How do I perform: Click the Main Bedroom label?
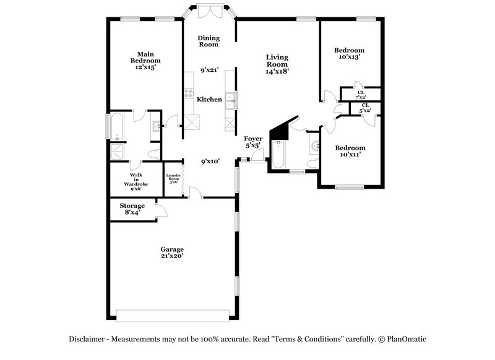[x=145, y=58]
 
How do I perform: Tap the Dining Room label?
[x=209, y=41]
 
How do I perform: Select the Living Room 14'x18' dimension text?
[x=277, y=71]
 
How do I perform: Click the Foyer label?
[x=253, y=139]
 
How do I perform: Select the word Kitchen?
[x=209, y=99]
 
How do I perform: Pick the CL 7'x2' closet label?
[x=361, y=95]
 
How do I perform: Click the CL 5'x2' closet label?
[x=365, y=108]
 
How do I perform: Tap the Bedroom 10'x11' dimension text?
[x=350, y=155]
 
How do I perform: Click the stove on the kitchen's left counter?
[x=189, y=94]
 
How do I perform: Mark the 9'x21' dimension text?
[x=209, y=71]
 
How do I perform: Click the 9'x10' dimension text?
[x=210, y=161]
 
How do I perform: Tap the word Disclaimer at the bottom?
[x=87, y=340]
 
